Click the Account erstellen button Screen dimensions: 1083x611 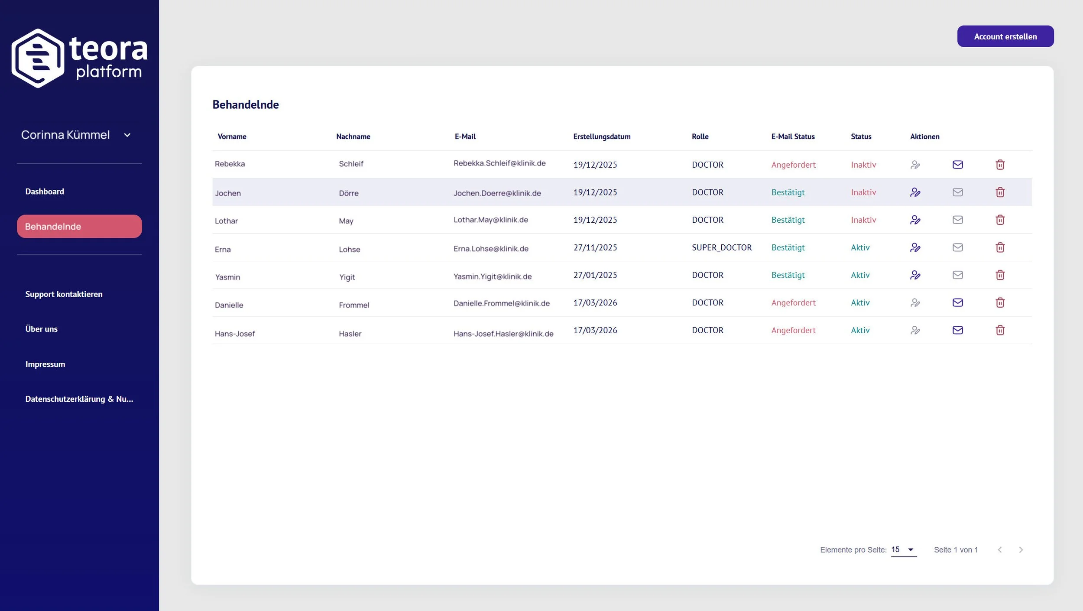point(1005,36)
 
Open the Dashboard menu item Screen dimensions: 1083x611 point(45,192)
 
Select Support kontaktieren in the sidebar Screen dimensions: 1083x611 point(64,294)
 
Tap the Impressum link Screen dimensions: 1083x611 point(45,364)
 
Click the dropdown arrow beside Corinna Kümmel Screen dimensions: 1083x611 point(127,135)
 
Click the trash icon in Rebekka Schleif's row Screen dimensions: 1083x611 point(1000,165)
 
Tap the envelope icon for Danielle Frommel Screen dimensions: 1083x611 point(957,302)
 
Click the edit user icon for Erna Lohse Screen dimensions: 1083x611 point(915,247)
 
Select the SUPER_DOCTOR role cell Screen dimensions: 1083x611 point(722,247)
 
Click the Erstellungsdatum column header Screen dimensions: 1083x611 point(602,136)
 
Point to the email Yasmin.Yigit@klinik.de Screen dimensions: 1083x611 point(493,276)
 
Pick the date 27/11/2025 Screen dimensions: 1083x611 point(595,247)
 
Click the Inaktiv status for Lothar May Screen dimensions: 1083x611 point(863,220)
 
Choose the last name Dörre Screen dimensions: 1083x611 point(349,193)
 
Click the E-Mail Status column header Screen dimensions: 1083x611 point(793,136)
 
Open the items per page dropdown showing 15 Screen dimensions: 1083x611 point(904,549)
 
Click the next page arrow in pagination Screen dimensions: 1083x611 point(1021,550)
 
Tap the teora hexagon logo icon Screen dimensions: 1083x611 point(38,58)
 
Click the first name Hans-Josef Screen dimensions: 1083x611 point(235,334)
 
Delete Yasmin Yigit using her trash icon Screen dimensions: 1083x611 point(1000,275)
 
